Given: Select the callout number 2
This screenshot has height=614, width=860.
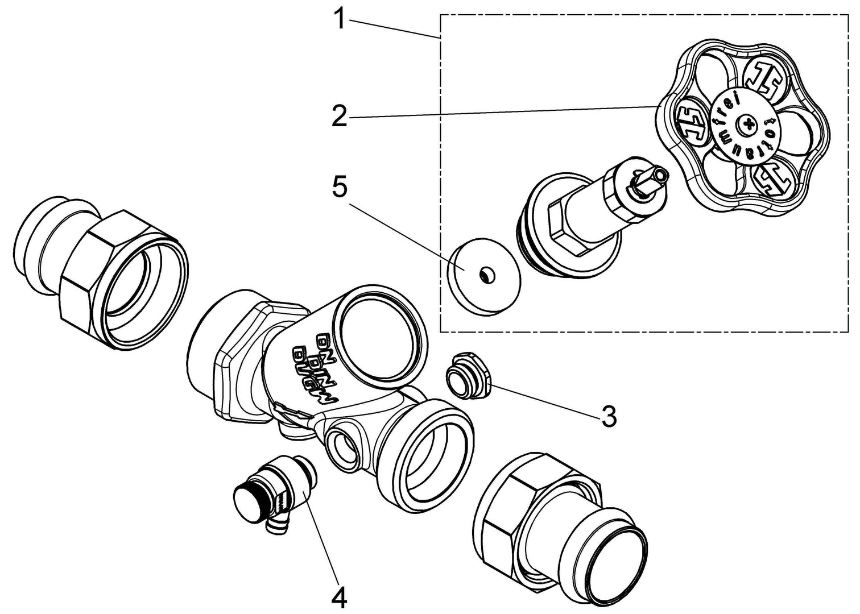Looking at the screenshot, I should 340,118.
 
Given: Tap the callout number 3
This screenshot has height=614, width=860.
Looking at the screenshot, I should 609,417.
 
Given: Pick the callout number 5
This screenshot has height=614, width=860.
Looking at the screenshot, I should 340,188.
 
